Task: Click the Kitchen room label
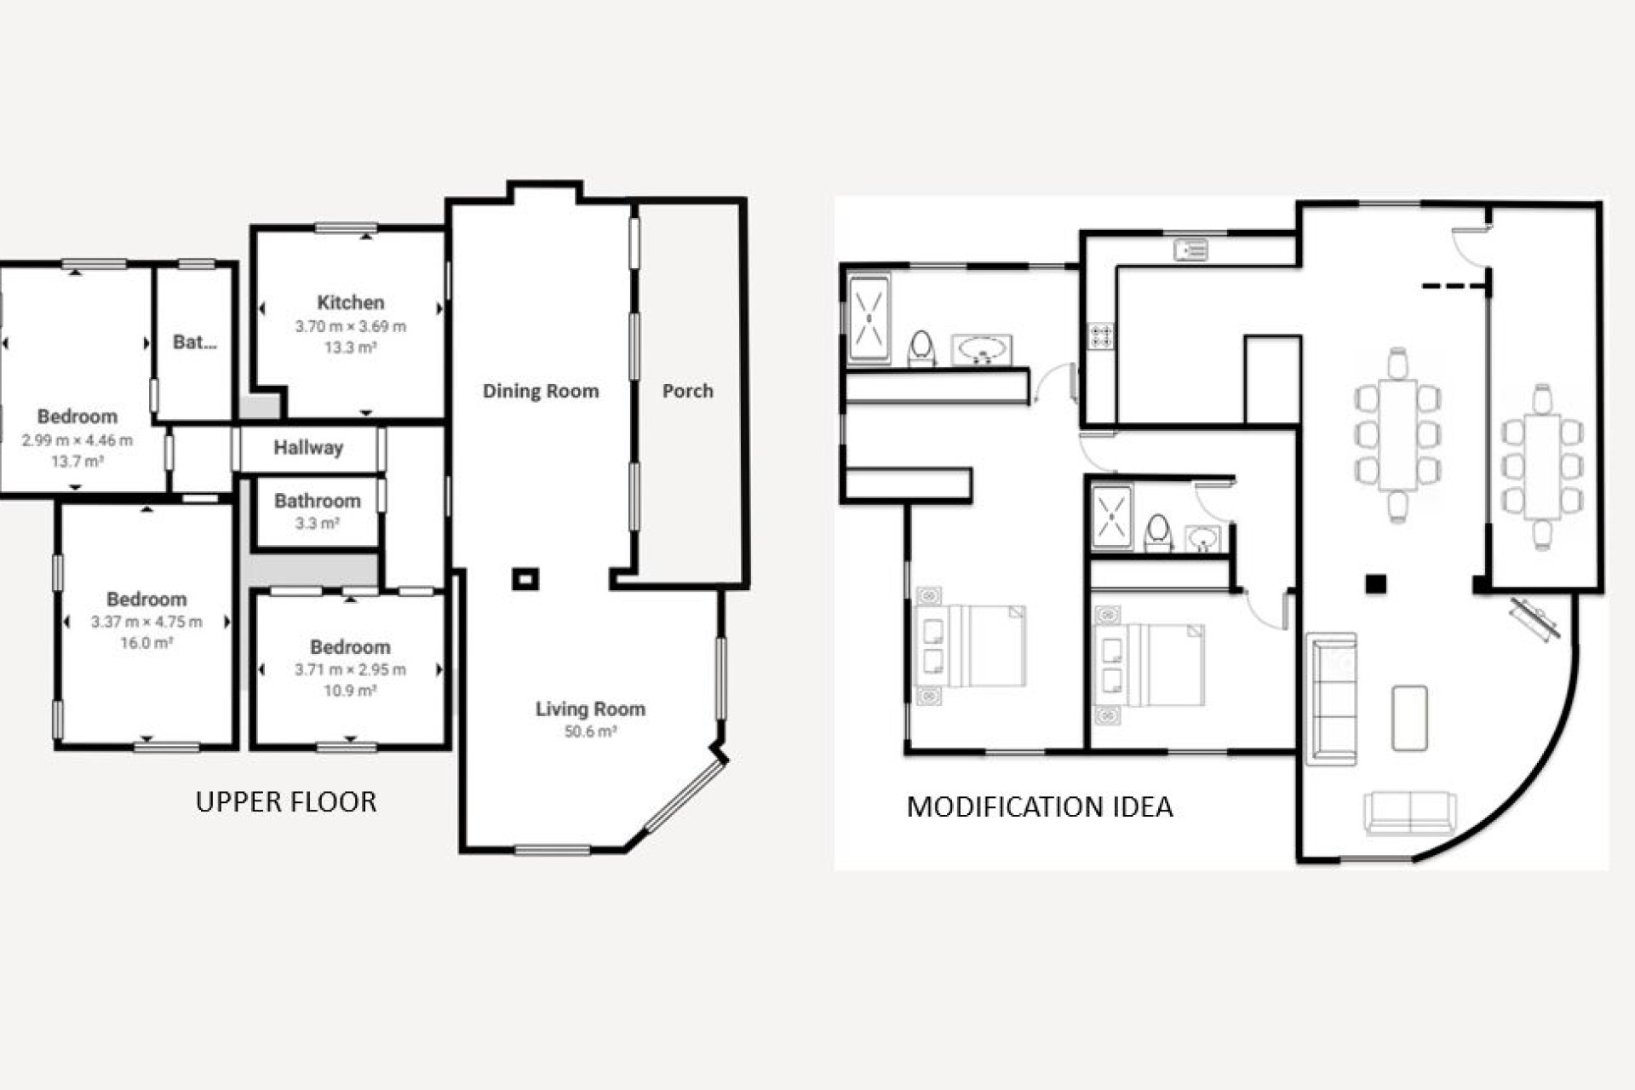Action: point(350,302)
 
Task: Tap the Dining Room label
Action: point(541,391)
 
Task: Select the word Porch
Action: point(687,391)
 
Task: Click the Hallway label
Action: point(308,448)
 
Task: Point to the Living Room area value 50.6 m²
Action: point(590,731)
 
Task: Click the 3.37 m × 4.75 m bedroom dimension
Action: point(146,622)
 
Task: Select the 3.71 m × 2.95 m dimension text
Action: point(350,669)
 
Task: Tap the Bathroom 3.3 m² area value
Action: point(317,523)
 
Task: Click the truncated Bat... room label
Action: point(194,342)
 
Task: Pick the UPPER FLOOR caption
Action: point(285,802)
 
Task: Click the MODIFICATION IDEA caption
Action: point(1039,807)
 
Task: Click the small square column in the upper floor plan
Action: point(525,580)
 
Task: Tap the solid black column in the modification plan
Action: point(1375,584)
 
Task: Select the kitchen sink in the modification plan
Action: point(1190,250)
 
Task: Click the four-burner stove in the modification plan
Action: point(1101,336)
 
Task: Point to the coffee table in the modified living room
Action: point(1409,718)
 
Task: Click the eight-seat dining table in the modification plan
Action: point(1397,434)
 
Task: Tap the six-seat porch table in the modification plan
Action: point(1542,467)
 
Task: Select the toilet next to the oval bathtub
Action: point(921,348)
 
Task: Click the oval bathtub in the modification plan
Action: point(982,349)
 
